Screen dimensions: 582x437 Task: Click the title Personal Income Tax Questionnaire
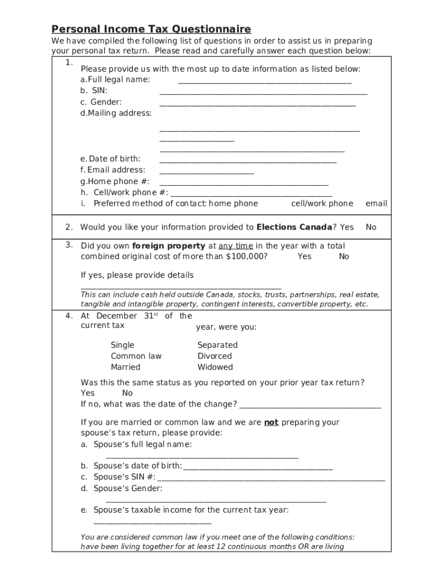[151, 29]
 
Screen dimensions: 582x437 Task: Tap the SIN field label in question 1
[99, 90]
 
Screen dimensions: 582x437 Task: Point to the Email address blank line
[207, 173]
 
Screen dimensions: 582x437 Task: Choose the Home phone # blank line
[244, 184]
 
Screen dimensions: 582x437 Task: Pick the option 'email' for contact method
[376, 203]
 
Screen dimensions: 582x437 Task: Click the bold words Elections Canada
[294, 227]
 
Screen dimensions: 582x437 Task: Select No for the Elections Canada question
[371, 227]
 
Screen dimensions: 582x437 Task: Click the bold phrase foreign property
[169, 246]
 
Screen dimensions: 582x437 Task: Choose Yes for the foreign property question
[304, 256]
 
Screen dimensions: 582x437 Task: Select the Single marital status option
[123, 345]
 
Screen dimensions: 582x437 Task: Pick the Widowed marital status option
[215, 367]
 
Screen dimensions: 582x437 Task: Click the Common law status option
[136, 356]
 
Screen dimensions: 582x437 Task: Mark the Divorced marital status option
[215, 356]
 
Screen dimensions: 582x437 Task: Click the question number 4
[69, 316]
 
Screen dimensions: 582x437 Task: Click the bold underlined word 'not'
[271, 422]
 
